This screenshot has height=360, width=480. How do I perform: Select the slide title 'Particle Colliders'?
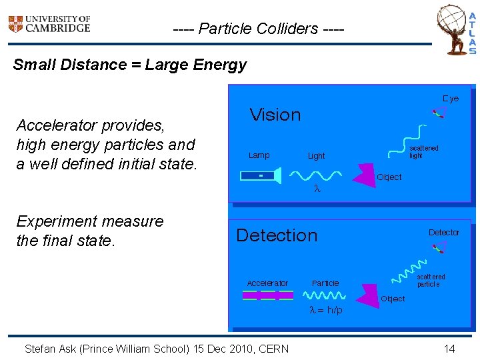258,29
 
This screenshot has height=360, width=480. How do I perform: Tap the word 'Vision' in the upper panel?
275,115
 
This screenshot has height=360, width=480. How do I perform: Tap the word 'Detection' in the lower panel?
277,235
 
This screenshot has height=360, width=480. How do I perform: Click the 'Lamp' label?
259,155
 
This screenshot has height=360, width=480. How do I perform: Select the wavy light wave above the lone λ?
317,175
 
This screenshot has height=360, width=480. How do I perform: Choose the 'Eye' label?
451,99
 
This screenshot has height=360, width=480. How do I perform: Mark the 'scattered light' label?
423,152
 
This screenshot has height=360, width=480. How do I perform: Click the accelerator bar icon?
267,295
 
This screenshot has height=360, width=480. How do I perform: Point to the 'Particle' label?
325,283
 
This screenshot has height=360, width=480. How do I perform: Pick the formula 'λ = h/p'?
327,311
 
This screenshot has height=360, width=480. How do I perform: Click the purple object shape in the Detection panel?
369,293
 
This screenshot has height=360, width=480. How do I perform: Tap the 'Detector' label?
443,233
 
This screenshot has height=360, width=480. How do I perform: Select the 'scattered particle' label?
431,280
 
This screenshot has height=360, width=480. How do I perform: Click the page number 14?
449,349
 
